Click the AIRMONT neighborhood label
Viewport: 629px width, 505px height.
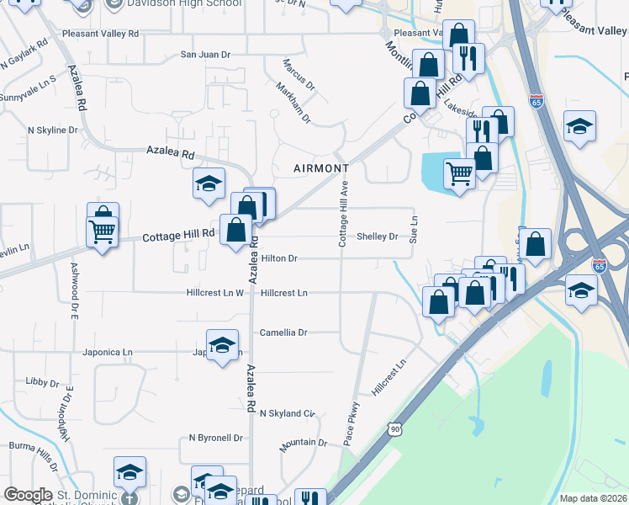coord(321,168)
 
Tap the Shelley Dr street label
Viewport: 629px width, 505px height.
coord(377,237)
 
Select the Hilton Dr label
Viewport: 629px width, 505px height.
coord(279,258)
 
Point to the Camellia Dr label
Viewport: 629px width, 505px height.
coord(283,332)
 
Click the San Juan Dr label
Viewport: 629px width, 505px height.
coord(205,55)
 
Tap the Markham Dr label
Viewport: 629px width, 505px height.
coord(295,107)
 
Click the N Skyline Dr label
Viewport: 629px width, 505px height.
coord(52,130)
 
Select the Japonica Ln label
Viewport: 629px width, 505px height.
coord(108,352)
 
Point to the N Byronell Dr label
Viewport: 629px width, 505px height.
coord(215,438)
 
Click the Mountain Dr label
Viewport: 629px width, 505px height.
coord(304,443)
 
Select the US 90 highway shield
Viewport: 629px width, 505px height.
coord(394,429)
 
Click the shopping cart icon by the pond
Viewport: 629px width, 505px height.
coord(459,173)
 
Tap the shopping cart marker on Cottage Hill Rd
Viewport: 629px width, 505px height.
coord(102,231)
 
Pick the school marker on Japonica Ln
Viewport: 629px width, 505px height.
coord(222,347)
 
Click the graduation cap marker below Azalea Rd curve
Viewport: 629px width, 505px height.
coord(209,183)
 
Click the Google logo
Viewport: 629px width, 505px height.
coord(29,496)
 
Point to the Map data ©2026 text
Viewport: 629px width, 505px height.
coord(593,498)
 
